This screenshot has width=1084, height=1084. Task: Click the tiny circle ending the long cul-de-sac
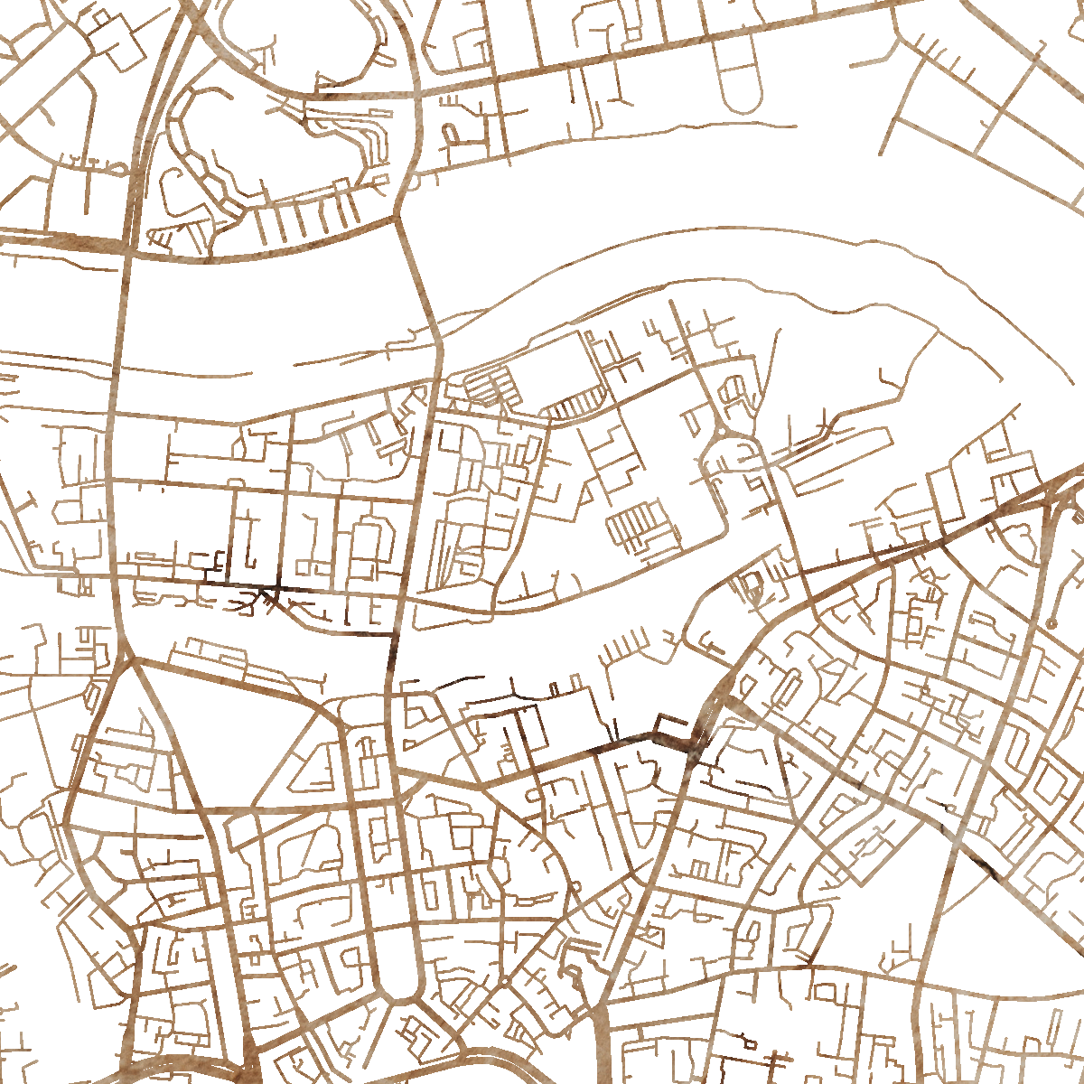tap(1051, 623)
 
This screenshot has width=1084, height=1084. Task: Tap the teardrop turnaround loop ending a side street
tap(117, 168)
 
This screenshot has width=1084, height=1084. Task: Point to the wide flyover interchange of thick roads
tap(1052, 492)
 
